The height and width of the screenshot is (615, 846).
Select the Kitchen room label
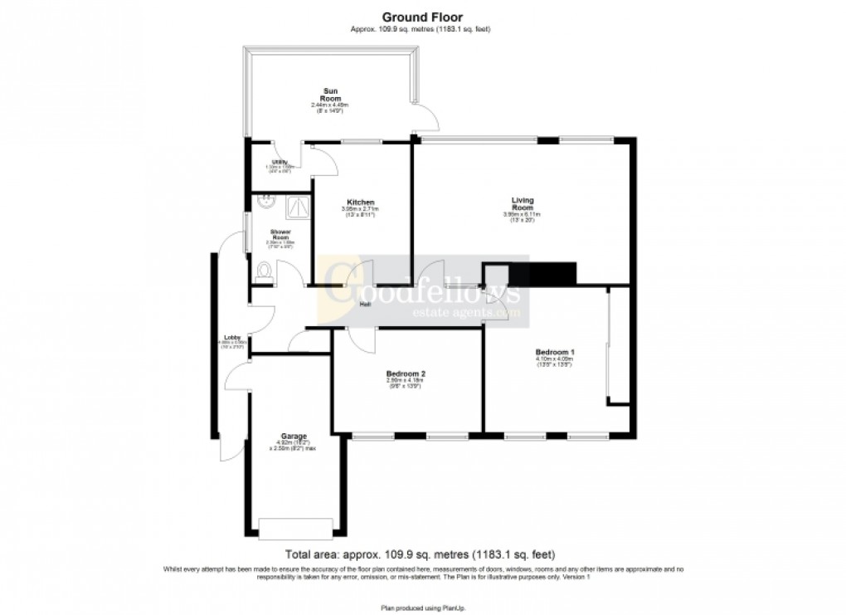(x=361, y=203)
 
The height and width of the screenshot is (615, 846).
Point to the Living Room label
(x=523, y=203)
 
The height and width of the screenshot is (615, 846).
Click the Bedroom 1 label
(x=555, y=352)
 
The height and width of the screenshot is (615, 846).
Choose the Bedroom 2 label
(x=406, y=374)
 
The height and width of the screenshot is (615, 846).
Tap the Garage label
(x=294, y=437)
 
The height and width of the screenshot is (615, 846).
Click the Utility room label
(x=280, y=163)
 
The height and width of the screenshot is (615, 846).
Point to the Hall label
(x=364, y=304)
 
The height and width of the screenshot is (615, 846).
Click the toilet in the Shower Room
(x=264, y=271)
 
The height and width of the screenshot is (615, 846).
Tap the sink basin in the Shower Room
(x=268, y=199)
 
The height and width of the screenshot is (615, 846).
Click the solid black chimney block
(x=542, y=273)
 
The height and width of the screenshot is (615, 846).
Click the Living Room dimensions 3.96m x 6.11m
(x=523, y=215)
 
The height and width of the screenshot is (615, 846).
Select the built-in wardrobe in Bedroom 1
(x=618, y=346)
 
